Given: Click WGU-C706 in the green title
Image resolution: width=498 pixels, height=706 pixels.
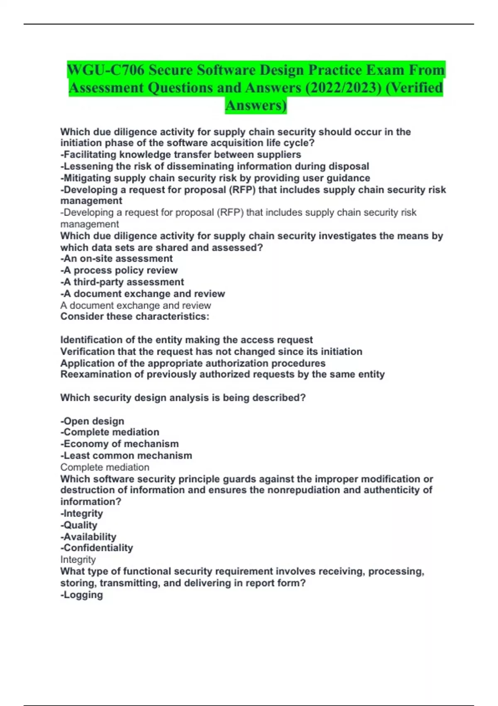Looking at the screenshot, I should tap(106, 70).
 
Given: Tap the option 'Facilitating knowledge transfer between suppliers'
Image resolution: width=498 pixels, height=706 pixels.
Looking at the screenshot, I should tap(181, 154).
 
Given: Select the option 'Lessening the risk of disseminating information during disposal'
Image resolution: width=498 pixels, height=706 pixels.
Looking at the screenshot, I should tap(215, 166).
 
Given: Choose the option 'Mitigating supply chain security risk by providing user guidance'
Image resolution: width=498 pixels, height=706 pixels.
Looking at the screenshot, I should tap(215, 178).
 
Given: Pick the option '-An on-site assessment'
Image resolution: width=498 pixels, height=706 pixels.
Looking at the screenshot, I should tap(116, 258).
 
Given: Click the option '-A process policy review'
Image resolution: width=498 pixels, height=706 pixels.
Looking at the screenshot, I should tap(119, 270).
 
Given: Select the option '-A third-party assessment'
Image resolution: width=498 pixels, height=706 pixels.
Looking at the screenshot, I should tap(122, 282).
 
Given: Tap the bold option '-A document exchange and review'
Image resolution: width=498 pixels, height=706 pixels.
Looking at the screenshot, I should tap(142, 294).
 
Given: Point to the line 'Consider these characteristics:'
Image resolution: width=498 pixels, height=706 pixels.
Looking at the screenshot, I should tap(135, 316).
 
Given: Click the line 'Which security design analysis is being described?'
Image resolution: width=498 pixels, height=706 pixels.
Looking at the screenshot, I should tap(183, 397).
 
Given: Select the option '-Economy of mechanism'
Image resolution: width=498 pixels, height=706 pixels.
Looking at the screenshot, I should tap(120, 444).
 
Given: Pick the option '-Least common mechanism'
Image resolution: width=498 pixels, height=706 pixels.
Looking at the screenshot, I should tap(126, 456).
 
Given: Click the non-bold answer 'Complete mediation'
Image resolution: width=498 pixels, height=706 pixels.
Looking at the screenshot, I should tap(105, 467).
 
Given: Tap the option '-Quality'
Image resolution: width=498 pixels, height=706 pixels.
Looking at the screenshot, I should tap(79, 525).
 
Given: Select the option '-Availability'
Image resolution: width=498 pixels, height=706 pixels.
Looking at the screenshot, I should tap(88, 537).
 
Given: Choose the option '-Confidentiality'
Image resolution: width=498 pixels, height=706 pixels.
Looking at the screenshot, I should tap(97, 548).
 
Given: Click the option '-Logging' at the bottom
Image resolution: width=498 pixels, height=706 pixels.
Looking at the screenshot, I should tap(82, 595).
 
